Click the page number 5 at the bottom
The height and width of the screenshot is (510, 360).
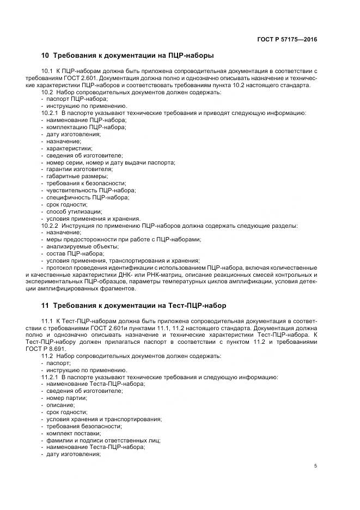point(316,466)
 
